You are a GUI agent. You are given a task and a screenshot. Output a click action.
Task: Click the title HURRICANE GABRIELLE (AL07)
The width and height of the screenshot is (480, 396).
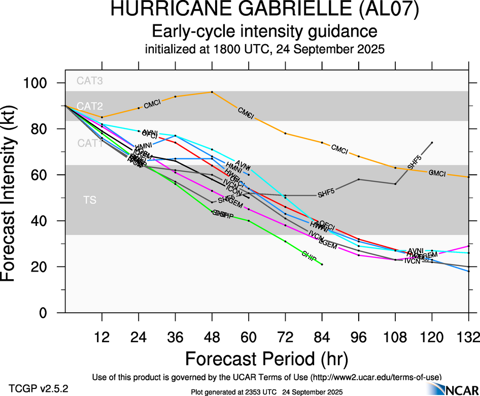[265, 11]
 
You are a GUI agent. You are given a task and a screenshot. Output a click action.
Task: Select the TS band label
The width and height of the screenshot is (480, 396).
[90, 201]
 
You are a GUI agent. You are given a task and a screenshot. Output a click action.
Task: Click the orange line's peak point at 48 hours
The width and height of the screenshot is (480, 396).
[212, 92]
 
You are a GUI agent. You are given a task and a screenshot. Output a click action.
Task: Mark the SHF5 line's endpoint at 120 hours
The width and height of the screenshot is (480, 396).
[432, 143]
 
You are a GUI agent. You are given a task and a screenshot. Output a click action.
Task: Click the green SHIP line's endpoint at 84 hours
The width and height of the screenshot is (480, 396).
[322, 265]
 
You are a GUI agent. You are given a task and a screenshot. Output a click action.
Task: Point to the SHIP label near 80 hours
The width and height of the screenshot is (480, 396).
[309, 255]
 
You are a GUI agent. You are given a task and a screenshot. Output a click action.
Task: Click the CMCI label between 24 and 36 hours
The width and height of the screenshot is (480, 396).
[152, 104]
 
